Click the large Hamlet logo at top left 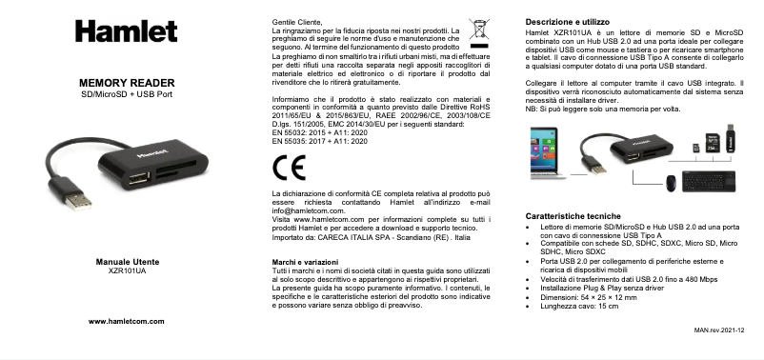tap(113, 32)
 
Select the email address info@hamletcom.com tap(302, 210)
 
